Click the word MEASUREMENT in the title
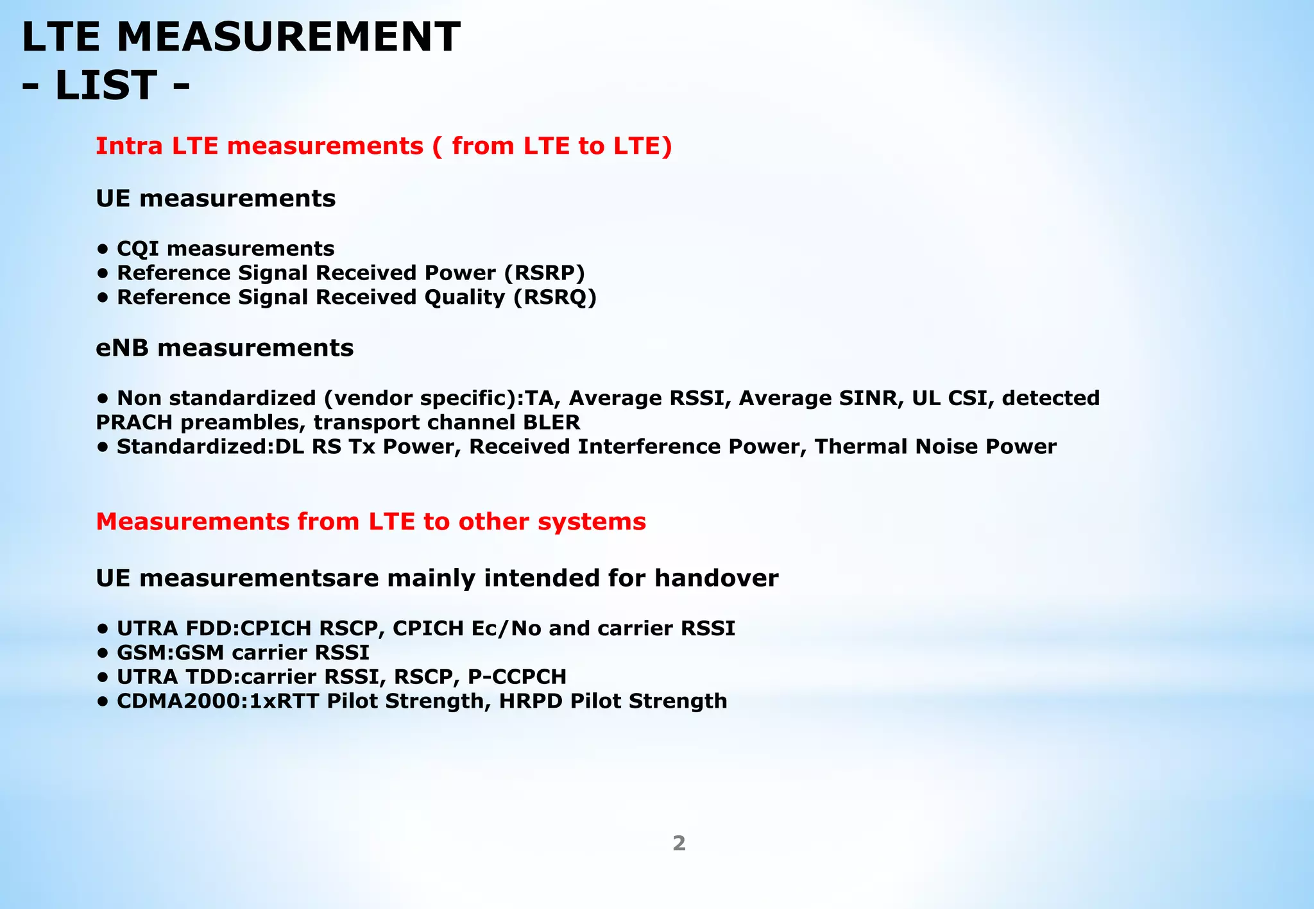[x=289, y=37]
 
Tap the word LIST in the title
[x=106, y=85]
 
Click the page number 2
[x=679, y=844]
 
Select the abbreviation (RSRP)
[x=545, y=273]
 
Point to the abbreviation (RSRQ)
[x=555, y=297]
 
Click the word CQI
[x=138, y=249]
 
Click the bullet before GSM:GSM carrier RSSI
[x=102, y=653]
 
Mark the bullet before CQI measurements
[x=102, y=249]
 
